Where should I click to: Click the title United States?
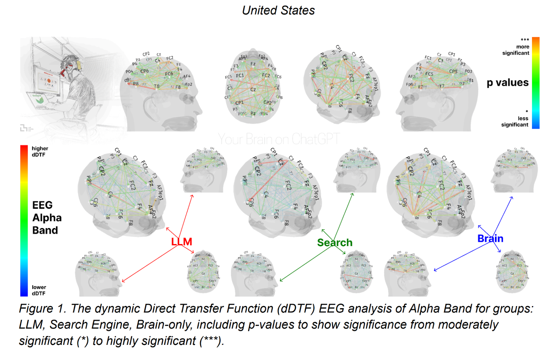(278, 10)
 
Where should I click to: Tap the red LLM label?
(181, 241)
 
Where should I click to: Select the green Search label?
(335, 243)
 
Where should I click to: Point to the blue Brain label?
(490, 238)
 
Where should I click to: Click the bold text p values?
(507, 83)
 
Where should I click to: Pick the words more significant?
(516, 50)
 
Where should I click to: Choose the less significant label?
(515, 121)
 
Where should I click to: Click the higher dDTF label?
(40, 151)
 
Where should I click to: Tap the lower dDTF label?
(39, 290)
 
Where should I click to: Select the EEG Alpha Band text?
(47, 218)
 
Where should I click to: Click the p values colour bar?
(535, 83)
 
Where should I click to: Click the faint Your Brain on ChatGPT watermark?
(279, 139)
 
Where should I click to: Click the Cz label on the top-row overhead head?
(253, 89)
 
